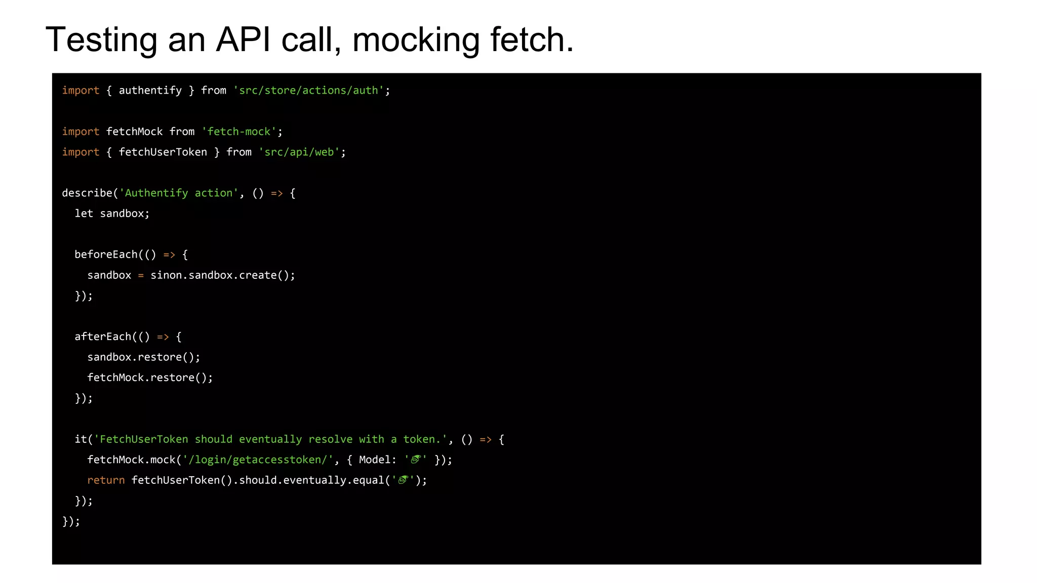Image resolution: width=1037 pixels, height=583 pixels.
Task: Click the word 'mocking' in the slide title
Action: (x=416, y=39)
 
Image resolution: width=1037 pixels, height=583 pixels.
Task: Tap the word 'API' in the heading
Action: (x=243, y=39)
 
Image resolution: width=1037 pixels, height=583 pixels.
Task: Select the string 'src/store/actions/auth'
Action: (x=308, y=91)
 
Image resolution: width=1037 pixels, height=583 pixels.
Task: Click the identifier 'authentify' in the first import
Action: (x=150, y=91)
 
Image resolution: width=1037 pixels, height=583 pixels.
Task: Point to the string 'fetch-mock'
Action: (x=239, y=132)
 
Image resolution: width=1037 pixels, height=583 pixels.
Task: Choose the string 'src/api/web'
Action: (x=299, y=152)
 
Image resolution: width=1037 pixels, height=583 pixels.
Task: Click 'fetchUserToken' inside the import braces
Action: (x=163, y=152)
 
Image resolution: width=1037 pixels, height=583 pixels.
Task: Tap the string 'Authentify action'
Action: (x=178, y=193)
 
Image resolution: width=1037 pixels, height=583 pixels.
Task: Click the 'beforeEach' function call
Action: (x=106, y=255)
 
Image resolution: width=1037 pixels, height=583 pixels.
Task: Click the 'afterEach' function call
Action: (x=103, y=337)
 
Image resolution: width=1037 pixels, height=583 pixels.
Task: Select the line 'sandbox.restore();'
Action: (x=144, y=357)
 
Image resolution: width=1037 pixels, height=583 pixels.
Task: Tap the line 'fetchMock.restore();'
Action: (x=150, y=378)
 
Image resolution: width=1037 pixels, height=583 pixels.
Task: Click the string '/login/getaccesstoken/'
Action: (x=258, y=460)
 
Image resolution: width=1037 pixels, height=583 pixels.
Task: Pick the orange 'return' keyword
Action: (x=106, y=480)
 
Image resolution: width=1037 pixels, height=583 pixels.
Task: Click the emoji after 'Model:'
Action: (x=416, y=460)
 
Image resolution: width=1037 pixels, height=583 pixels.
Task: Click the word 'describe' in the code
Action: (x=87, y=193)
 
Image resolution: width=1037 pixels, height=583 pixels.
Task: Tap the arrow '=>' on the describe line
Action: (x=276, y=193)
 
